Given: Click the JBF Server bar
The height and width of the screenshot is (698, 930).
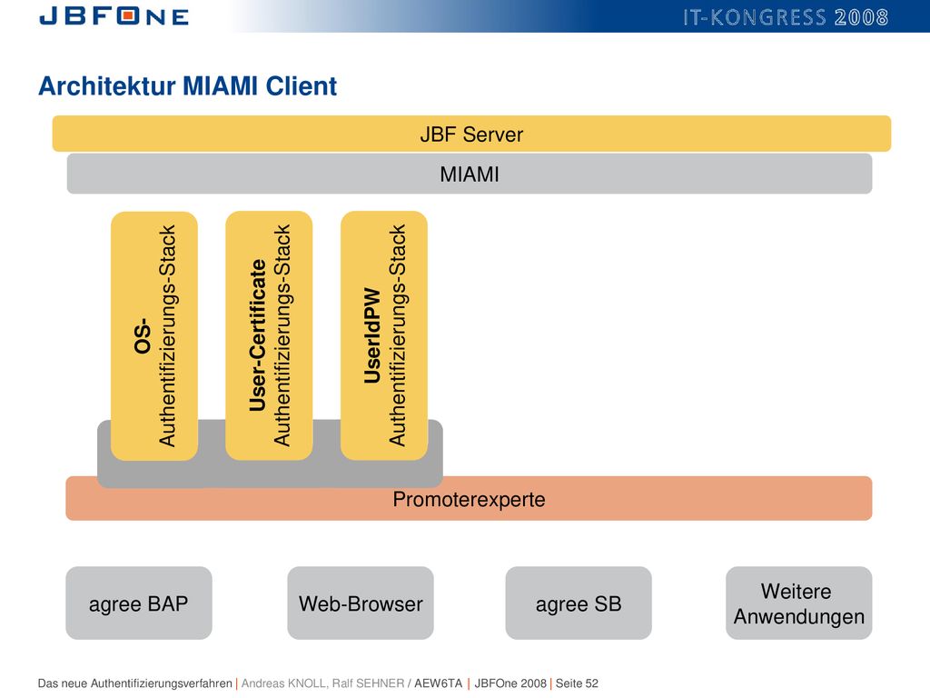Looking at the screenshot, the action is click(471, 134).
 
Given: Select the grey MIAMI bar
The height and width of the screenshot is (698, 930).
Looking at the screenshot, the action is click(470, 174).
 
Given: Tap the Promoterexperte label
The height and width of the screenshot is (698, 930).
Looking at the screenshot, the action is click(469, 500).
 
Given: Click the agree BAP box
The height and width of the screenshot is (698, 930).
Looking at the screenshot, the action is click(139, 603).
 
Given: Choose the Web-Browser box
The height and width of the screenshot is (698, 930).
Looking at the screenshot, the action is click(361, 603).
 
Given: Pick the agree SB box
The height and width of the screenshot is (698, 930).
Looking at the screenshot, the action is click(579, 603).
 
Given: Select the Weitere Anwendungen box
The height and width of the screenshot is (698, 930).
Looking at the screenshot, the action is click(799, 603).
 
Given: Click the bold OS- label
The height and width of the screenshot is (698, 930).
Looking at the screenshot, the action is click(143, 336).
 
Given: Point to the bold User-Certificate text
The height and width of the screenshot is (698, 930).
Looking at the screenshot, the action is click(258, 335).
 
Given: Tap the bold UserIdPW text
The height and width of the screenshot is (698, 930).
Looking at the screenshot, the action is click(372, 335).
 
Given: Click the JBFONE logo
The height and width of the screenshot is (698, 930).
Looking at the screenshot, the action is click(114, 16).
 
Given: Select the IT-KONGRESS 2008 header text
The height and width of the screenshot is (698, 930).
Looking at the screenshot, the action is click(786, 17).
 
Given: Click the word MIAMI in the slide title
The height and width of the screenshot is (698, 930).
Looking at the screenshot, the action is click(220, 86).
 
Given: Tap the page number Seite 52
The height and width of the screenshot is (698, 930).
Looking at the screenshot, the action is click(577, 683).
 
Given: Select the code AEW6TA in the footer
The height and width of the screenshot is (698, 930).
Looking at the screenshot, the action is click(439, 683).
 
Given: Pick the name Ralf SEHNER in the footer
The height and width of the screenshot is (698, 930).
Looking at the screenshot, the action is click(368, 683).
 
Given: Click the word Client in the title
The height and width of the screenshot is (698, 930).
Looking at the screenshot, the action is click(302, 86).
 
